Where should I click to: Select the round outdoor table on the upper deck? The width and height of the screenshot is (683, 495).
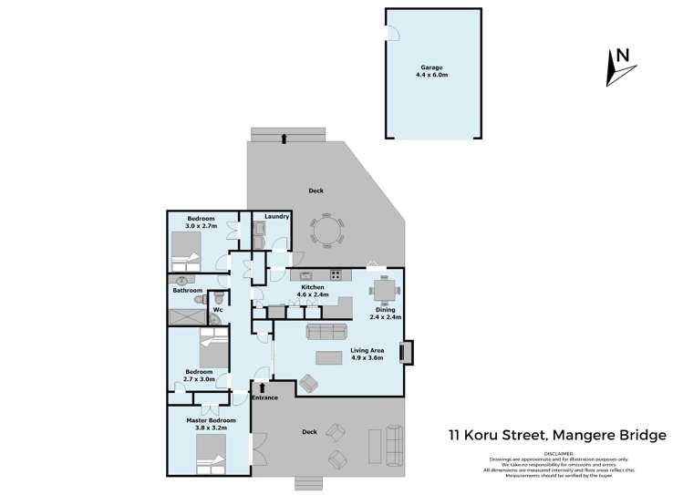tap(326, 230)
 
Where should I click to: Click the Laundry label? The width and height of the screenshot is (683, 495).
tap(277, 216)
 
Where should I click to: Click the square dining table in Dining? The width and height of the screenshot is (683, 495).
tap(384, 291)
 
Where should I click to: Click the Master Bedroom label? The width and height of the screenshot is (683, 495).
tap(211, 423)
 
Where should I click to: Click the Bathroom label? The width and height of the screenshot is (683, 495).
tap(188, 291)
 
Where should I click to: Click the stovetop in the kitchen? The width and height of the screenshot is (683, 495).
tap(336, 273)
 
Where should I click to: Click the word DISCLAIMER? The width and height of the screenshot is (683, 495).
tap(564, 451)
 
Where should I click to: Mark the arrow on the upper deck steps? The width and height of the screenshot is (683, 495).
tap(285, 139)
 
